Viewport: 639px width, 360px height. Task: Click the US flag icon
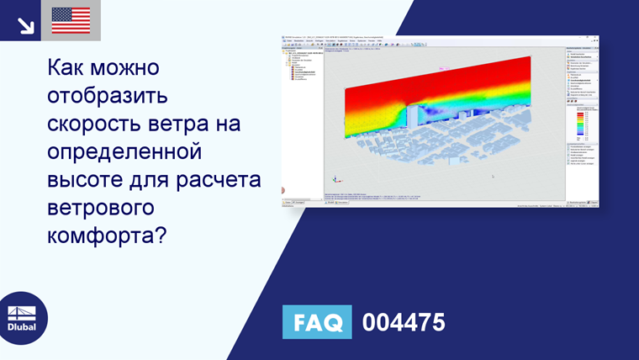(71, 20)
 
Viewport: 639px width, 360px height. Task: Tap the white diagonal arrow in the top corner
(24, 24)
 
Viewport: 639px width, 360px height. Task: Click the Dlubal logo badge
(23, 318)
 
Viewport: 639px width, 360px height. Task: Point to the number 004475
(403, 322)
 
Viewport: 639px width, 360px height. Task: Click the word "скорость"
(96, 124)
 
